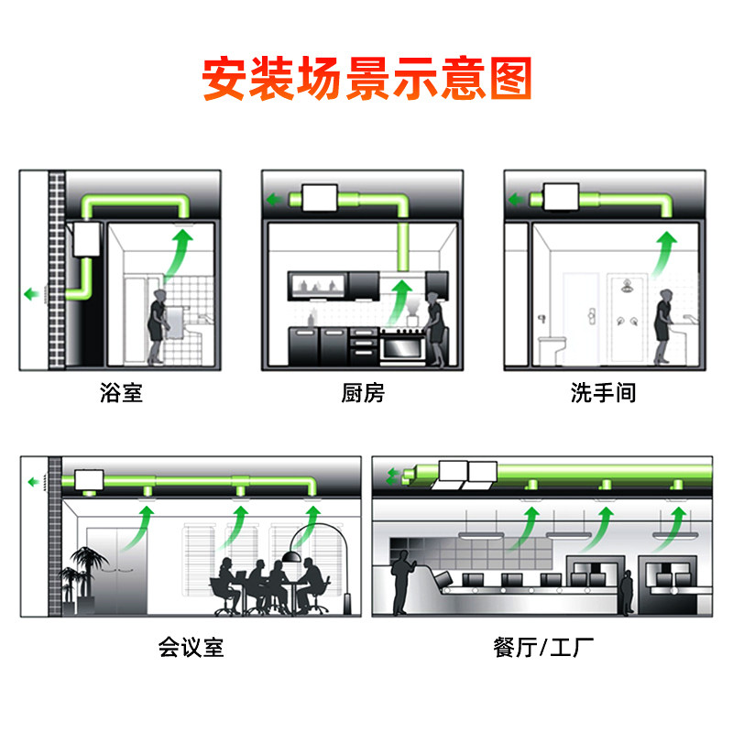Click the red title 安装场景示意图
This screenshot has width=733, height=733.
point(366,80)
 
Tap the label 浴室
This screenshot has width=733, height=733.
point(122,394)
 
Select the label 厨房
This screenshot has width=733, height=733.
point(363,394)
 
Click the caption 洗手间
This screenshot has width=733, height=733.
point(603,394)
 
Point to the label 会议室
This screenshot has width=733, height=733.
point(191,648)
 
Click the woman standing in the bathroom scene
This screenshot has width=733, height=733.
point(158,325)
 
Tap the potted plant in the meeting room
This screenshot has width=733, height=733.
point(80,577)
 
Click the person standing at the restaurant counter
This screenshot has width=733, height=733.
point(400,586)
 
